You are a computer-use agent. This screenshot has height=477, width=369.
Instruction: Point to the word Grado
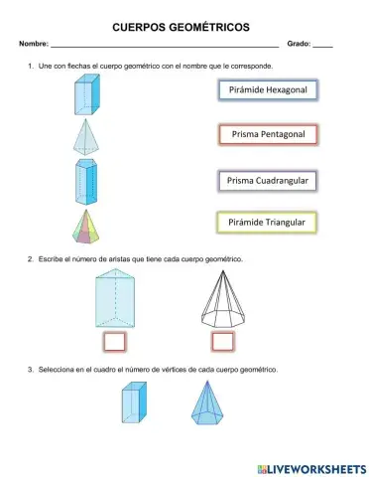point(298,46)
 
